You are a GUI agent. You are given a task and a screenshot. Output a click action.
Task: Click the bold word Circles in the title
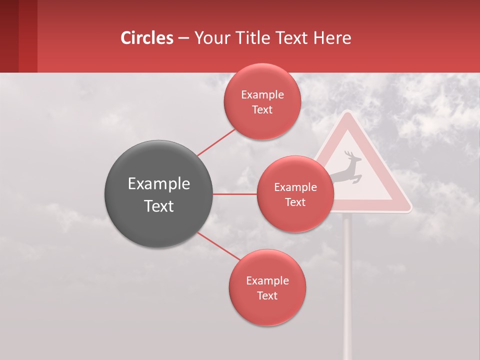point(147,38)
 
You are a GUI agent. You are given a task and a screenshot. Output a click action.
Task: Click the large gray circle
point(158,194)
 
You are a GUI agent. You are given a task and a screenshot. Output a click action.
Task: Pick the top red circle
point(262,101)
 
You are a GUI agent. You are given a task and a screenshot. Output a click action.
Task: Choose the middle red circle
point(295,194)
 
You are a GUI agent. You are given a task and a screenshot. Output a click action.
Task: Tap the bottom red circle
point(267,287)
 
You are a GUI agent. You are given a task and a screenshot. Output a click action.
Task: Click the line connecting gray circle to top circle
point(216,142)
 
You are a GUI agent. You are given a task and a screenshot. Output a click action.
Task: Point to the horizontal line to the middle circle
point(235,194)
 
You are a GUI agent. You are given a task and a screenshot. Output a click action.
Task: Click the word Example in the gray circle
point(158,183)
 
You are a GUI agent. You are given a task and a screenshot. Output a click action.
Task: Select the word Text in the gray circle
point(158,205)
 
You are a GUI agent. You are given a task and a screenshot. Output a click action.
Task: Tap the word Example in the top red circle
point(262,94)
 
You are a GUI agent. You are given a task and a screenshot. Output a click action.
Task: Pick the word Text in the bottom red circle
point(267,295)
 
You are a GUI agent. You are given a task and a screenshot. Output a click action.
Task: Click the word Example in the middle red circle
point(295,187)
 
